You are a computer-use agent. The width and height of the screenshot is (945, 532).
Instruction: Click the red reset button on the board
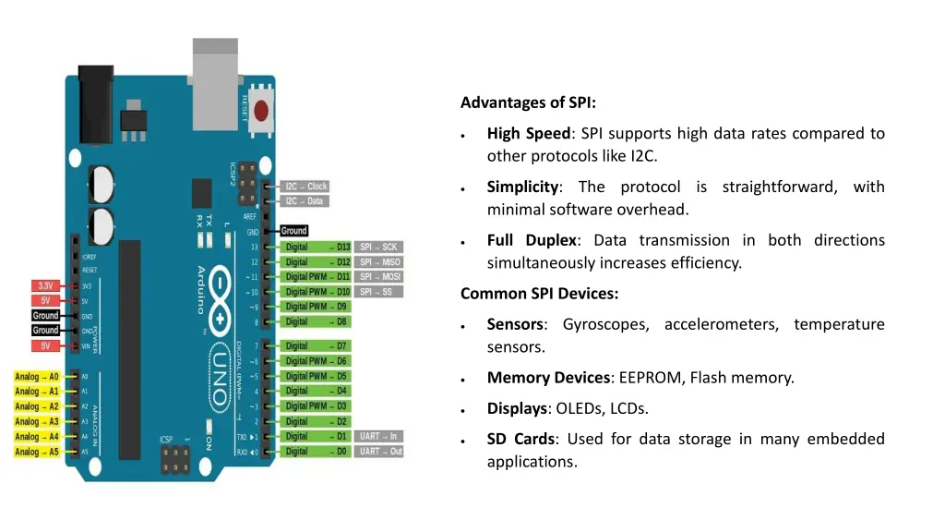click(261, 111)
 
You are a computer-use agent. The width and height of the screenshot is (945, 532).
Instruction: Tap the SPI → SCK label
click(378, 247)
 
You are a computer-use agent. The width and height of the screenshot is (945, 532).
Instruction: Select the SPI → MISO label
click(379, 262)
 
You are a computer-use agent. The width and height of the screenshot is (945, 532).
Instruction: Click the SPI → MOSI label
click(379, 277)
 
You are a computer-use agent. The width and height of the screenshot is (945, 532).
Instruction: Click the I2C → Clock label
click(305, 187)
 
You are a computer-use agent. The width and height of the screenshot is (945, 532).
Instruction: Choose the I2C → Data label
click(304, 201)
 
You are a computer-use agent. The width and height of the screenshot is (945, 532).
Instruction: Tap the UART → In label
click(378, 436)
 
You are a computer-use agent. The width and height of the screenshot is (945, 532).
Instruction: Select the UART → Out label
click(380, 452)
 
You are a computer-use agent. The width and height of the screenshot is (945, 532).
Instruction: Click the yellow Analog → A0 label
click(37, 377)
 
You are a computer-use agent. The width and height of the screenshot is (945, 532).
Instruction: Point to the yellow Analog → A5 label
click(37, 452)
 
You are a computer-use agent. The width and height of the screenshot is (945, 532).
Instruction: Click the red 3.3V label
click(45, 285)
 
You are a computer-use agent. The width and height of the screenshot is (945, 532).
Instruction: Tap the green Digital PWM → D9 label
click(317, 307)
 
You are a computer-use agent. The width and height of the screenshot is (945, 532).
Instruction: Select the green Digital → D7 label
click(317, 345)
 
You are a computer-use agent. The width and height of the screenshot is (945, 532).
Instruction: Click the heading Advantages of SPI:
click(528, 103)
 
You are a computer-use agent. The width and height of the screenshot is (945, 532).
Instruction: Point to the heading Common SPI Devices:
click(539, 294)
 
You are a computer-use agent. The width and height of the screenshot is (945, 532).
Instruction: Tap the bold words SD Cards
click(520, 439)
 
